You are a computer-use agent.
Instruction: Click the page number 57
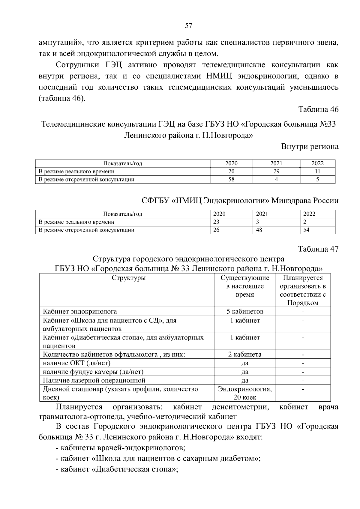(188, 26)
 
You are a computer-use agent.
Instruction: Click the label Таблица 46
(318, 109)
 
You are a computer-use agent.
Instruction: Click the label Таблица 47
(318, 249)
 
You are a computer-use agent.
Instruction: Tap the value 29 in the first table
(276, 172)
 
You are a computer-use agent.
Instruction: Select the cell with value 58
(231, 179)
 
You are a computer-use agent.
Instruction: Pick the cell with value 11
(317, 172)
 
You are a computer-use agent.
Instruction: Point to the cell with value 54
(306, 230)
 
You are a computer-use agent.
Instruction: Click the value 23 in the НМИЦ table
(216, 222)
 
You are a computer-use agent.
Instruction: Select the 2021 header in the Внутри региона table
(276, 163)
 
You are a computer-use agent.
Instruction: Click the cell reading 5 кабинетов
(245, 311)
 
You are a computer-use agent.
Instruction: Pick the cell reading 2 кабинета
(245, 354)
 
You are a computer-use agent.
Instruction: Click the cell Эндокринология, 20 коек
(245, 393)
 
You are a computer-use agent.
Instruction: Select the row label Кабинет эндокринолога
(80, 311)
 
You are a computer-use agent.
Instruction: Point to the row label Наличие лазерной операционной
(94, 380)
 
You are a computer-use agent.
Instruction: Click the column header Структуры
(128, 278)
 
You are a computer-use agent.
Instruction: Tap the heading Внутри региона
(310, 147)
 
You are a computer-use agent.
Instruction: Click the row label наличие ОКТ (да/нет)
(76, 363)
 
